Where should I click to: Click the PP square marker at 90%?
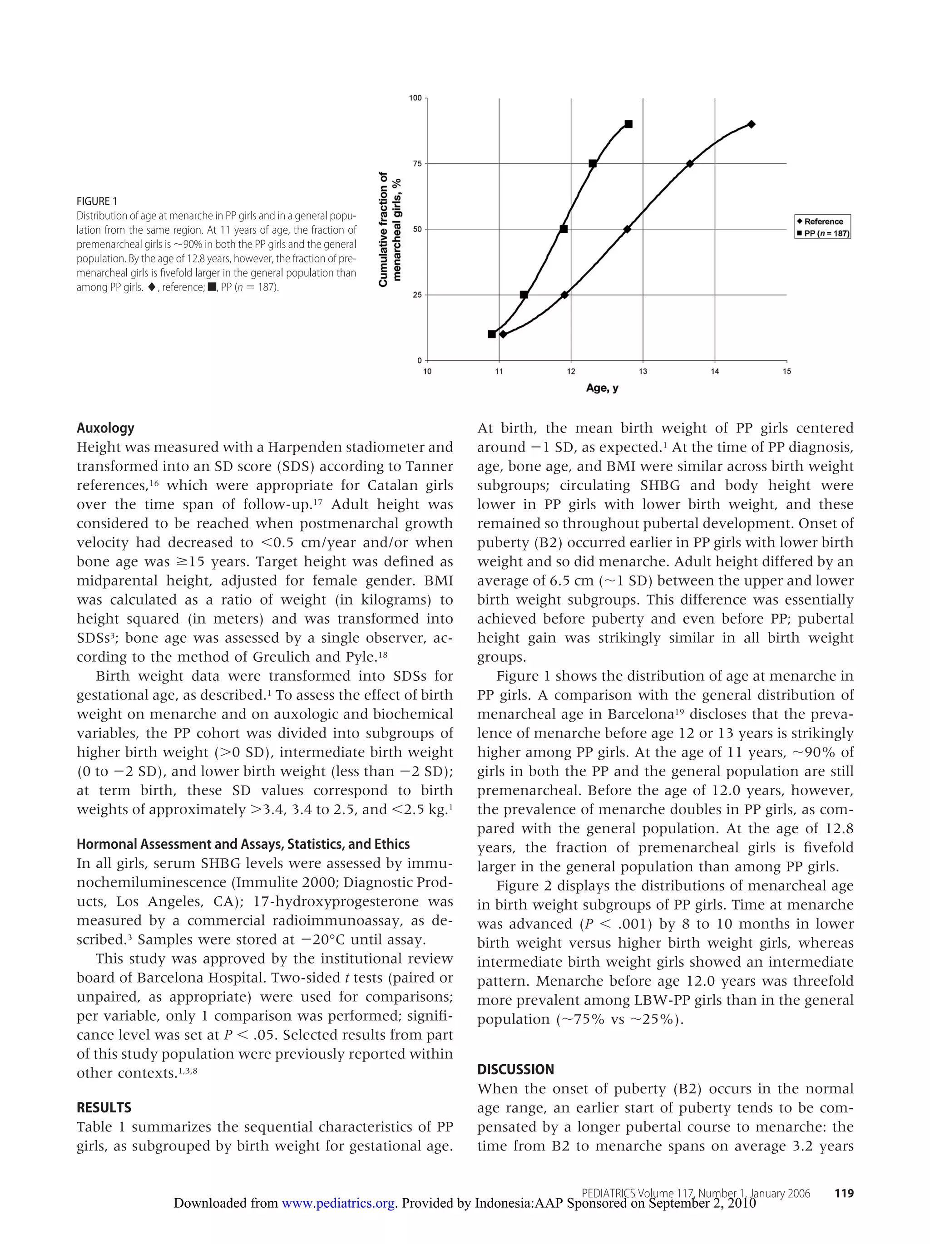[x=628, y=124]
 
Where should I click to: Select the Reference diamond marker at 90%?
[x=751, y=124]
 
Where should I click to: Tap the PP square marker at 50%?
[x=564, y=229]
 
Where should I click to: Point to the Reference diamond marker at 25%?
[x=565, y=295]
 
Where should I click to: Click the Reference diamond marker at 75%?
[x=690, y=164]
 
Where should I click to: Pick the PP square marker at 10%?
[x=492, y=334]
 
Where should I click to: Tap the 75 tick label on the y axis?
[x=417, y=164]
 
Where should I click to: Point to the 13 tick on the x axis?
[x=643, y=371]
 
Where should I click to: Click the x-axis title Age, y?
[x=602, y=388]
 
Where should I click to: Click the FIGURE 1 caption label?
[x=97, y=202]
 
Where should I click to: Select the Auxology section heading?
[x=105, y=428]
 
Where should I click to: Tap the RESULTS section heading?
[x=104, y=1108]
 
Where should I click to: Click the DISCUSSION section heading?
[x=515, y=1070]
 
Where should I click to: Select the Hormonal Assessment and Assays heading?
[x=243, y=844]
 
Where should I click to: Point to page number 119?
[x=844, y=1193]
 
